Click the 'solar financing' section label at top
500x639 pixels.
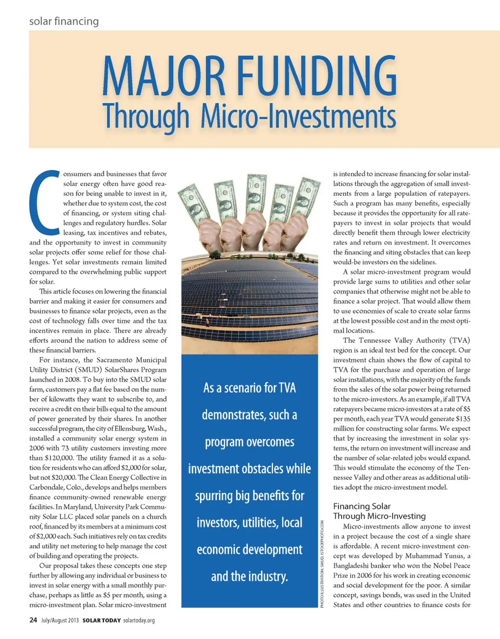click(64, 21)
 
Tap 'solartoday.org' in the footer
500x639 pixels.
click(139, 621)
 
